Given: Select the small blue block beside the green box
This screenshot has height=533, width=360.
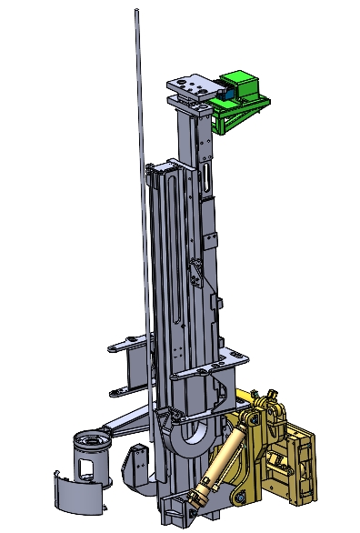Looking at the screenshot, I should [x=226, y=90].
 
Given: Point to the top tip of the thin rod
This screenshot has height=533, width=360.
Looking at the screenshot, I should [x=135, y=11].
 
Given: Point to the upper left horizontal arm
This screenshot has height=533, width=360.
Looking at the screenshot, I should [x=126, y=344].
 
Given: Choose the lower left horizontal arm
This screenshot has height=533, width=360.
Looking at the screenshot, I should [x=127, y=391].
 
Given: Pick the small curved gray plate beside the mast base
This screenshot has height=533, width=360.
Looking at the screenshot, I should [x=136, y=465].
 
